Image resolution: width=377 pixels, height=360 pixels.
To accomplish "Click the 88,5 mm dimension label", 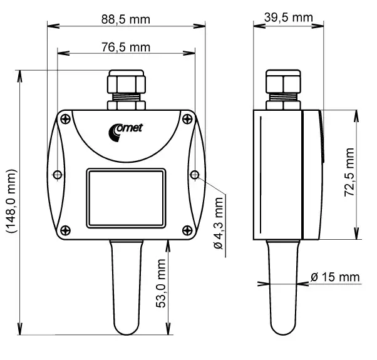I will pyautogui.click(x=126, y=19).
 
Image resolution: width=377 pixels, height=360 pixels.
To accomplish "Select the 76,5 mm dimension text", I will pyautogui.click(x=126, y=47).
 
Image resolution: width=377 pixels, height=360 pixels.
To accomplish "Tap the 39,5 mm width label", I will pyautogui.click(x=288, y=17).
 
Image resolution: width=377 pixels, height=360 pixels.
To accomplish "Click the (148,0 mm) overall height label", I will pyautogui.click(x=11, y=201).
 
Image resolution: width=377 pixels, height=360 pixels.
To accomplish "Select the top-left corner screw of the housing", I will pyautogui.click(x=66, y=118).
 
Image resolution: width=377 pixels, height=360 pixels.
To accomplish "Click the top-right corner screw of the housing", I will pyautogui.click(x=187, y=118).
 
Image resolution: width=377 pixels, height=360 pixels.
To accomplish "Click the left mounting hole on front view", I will pyautogui.click(x=58, y=173).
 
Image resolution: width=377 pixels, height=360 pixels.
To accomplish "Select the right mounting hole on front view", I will pyautogui.click(x=195, y=173).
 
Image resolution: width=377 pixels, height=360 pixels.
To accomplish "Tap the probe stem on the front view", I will pyautogui.click(x=126, y=288).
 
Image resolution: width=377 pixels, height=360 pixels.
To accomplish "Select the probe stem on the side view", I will pyautogui.click(x=283, y=288).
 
